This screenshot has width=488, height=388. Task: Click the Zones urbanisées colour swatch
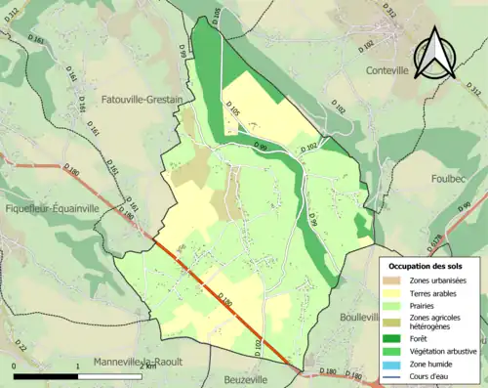(394, 281)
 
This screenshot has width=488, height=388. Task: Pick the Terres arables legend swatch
(394, 294)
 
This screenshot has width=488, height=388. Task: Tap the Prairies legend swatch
(394, 307)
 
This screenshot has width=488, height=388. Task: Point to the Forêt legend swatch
(394, 338)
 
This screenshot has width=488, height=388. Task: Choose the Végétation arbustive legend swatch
(394, 351)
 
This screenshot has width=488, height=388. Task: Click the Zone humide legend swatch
(394, 364)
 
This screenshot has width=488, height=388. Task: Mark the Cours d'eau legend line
(394, 376)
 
